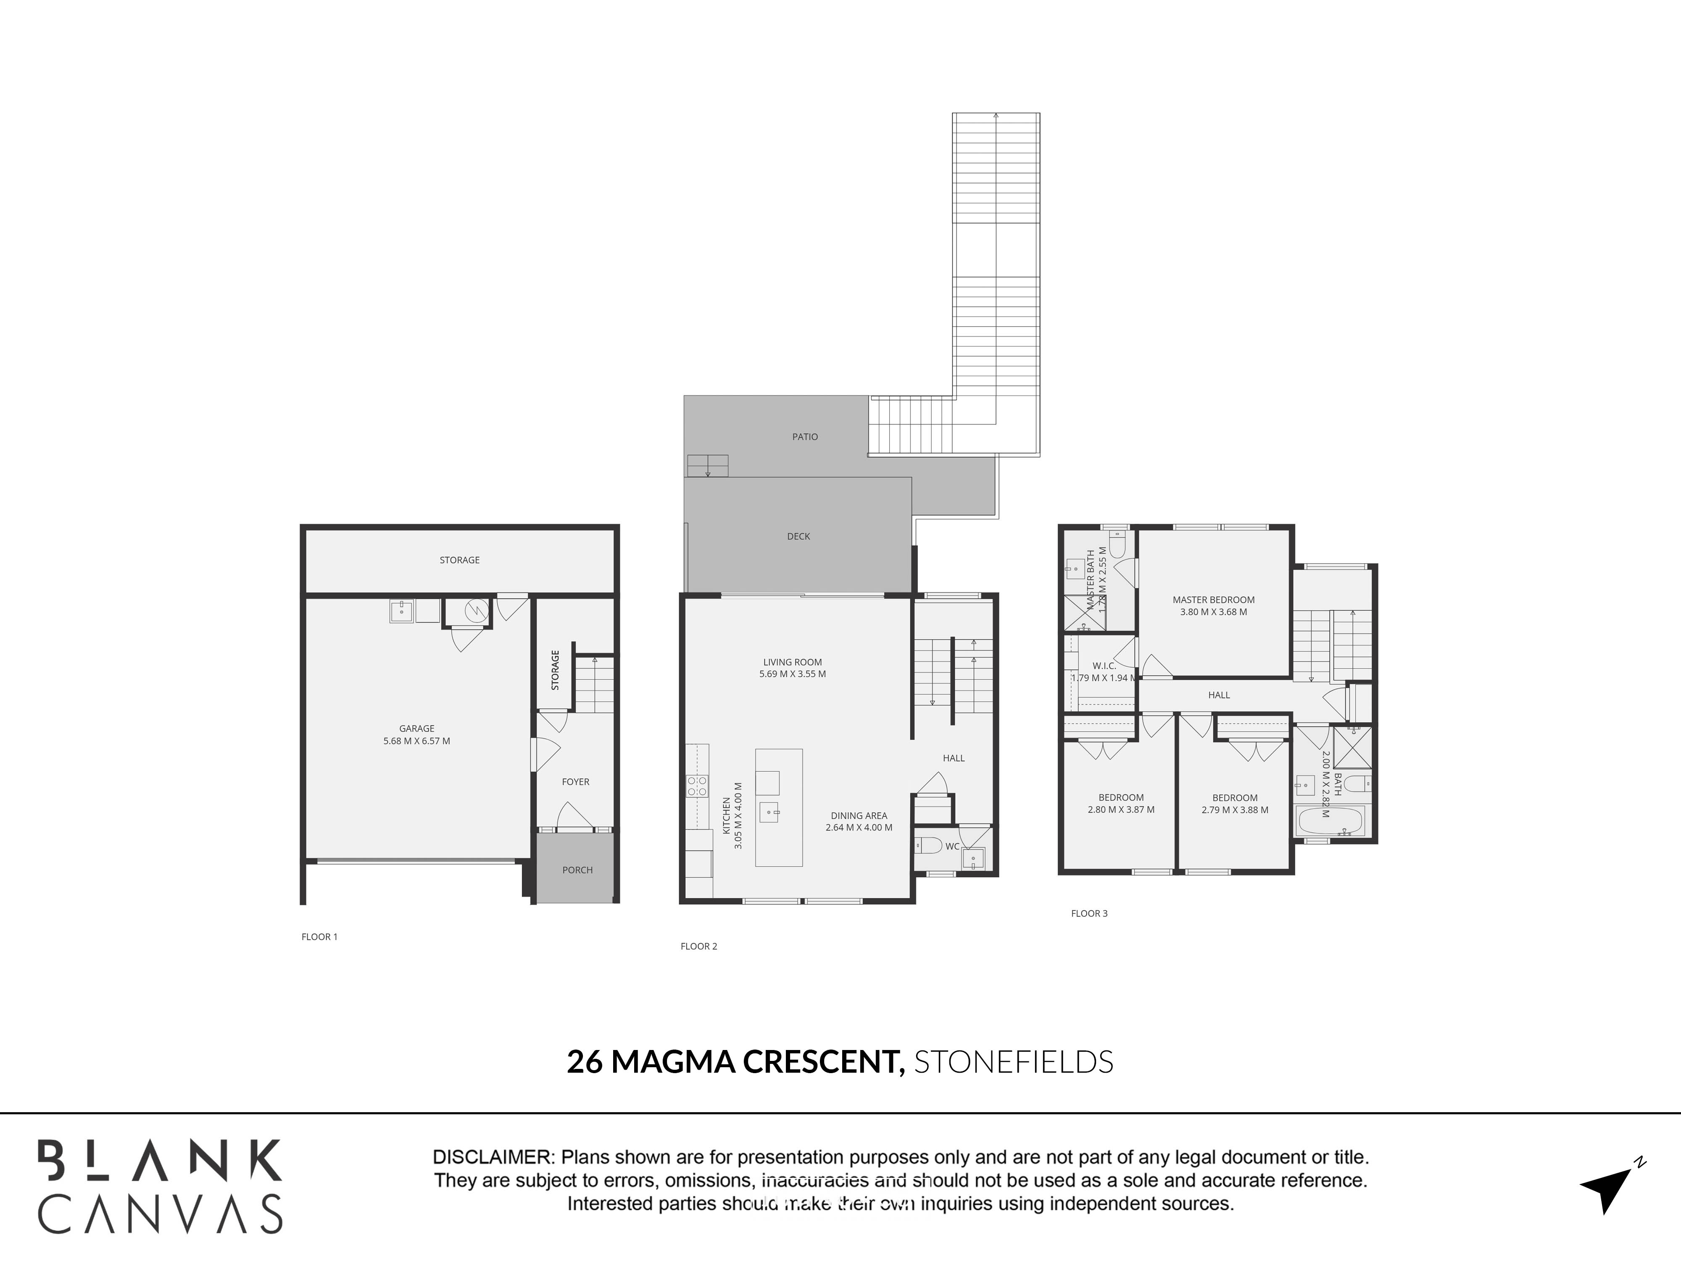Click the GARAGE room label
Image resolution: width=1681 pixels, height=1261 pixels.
coord(416,728)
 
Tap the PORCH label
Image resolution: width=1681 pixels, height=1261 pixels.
coord(577,870)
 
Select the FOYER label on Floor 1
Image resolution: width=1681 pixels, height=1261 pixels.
coord(575,781)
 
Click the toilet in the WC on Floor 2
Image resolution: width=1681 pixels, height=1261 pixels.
coord(929,845)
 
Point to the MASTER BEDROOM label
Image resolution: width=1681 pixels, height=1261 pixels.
coord(1214,600)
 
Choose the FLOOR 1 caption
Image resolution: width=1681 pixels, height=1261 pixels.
coord(319,937)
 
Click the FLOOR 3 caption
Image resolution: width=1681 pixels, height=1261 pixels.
coord(1089,913)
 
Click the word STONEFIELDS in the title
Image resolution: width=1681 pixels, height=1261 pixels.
coord(1013,1062)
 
